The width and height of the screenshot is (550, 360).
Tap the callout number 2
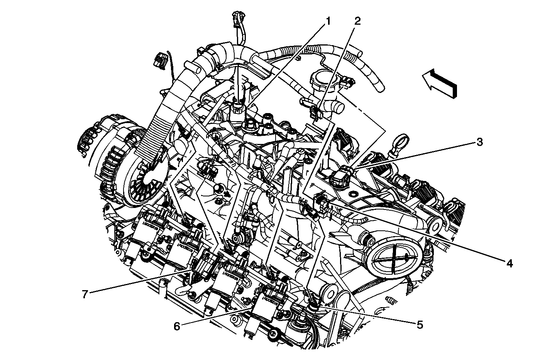tap(357, 21)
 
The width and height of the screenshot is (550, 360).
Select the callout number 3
tap(479, 142)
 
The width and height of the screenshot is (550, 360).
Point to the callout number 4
tap(509, 264)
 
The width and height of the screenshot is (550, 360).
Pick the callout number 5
tap(420, 325)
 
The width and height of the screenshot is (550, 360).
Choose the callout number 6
tap(177, 326)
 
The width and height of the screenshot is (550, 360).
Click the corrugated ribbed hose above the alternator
tap(154, 127)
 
